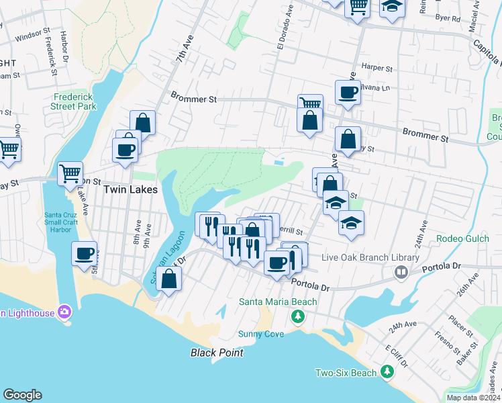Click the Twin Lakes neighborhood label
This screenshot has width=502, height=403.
[130, 190]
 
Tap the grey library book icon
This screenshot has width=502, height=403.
[401, 272]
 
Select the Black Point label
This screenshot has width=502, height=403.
[216, 353]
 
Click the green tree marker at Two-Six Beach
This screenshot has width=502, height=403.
[387, 371]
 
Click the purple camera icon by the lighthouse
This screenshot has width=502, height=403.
[64, 311]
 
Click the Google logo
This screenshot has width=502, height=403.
[22, 395]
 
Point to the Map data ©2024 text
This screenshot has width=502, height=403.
[473, 398]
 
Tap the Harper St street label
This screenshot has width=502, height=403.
[376, 68]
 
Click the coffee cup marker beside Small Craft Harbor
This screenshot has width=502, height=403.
[85, 253]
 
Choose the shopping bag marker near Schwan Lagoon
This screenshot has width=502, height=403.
[170, 278]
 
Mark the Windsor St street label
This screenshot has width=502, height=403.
[33, 34]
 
